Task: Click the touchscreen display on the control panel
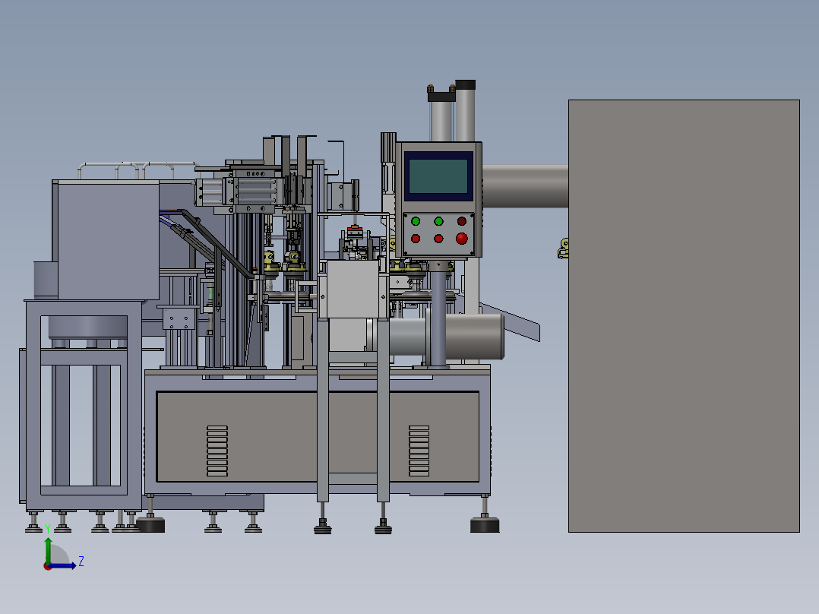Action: click(437, 176)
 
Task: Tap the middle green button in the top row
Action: click(438, 221)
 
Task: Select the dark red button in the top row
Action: click(461, 221)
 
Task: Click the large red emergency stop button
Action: click(461, 239)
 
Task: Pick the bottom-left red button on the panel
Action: click(416, 239)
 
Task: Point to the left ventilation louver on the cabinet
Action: click(217, 451)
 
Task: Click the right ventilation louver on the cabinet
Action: click(419, 451)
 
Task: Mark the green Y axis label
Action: click(48, 528)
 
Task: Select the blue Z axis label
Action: click(81, 562)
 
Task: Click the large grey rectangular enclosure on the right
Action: click(684, 315)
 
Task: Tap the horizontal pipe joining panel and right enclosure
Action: click(525, 186)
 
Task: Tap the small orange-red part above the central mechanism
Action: click(353, 229)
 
